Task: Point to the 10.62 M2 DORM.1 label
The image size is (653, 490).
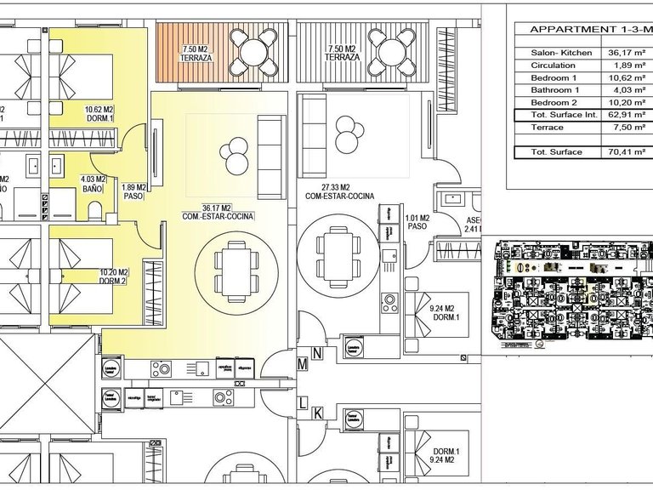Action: (x=99, y=114)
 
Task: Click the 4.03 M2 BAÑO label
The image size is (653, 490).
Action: (x=93, y=184)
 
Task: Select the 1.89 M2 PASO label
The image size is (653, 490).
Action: (x=134, y=191)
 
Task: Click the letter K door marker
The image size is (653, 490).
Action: (x=316, y=413)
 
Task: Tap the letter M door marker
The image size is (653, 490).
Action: (x=301, y=364)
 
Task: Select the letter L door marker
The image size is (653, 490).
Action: (x=301, y=402)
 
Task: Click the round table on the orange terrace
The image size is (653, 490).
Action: (x=256, y=51)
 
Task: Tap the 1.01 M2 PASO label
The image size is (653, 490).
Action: (x=417, y=222)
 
